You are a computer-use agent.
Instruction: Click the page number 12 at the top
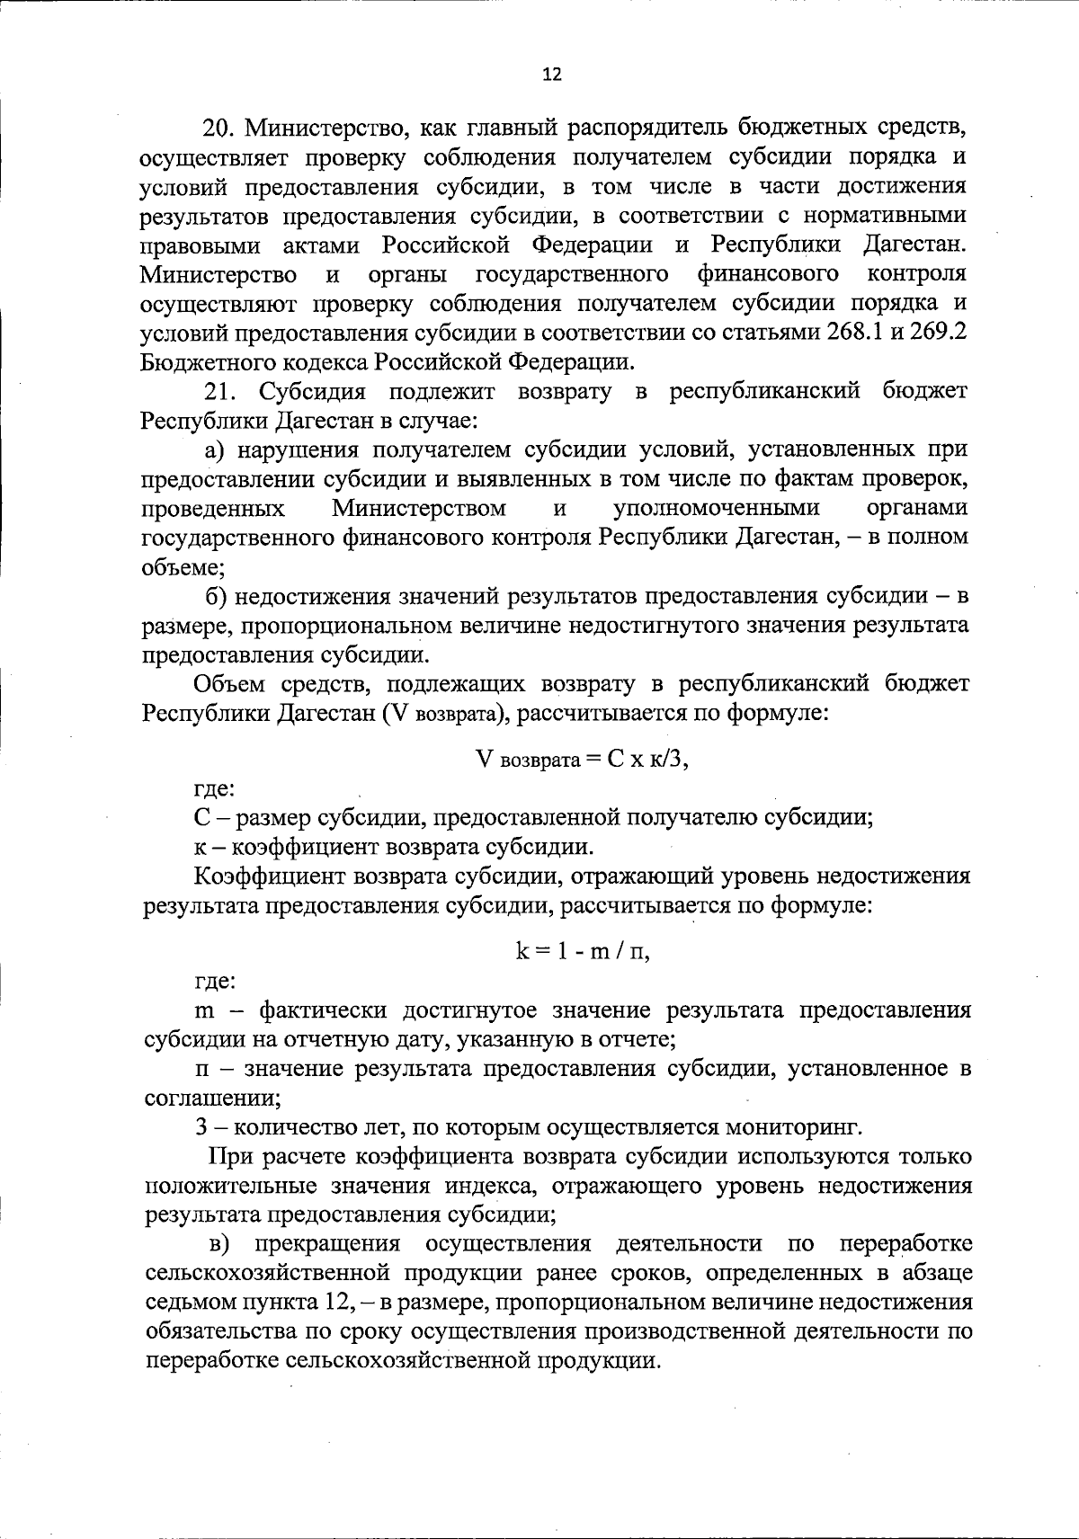(552, 76)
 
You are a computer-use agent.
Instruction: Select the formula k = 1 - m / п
(582, 952)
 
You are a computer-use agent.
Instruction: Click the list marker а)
(213, 449)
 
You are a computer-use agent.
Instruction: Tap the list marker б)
(215, 596)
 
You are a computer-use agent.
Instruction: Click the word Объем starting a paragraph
(227, 684)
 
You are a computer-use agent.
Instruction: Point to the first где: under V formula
(215, 789)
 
